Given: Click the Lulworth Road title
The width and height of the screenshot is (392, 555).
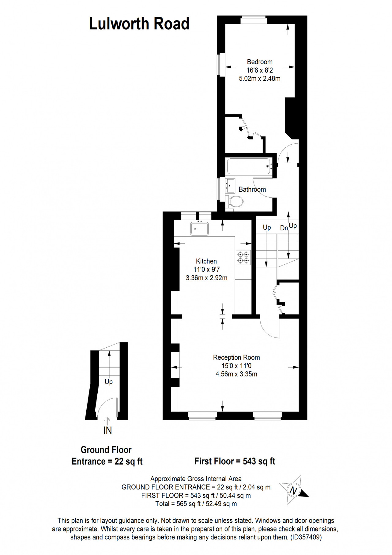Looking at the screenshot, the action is click(139, 24).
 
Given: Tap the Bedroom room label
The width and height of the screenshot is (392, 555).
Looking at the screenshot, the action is click(260, 62).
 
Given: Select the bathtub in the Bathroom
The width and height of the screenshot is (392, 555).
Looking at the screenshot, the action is click(250, 166).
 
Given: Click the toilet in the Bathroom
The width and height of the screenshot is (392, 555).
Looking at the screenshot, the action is click(235, 202).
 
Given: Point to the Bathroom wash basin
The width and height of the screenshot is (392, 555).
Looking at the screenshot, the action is click(230, 186).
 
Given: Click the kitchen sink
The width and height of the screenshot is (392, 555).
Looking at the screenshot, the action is click(199, 228).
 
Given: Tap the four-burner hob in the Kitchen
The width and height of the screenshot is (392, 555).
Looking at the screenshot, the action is click(243, 257).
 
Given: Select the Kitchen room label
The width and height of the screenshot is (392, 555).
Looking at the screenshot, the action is click(206, 261).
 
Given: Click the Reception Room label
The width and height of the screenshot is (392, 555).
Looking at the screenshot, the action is click(236, 357).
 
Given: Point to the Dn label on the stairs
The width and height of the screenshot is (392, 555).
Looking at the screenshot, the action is click(284, 228).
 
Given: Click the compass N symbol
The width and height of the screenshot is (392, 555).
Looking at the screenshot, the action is click(294, 491).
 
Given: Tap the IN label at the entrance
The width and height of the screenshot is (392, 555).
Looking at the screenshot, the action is click(107, 430).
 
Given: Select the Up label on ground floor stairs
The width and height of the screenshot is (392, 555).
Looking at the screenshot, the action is click(109, 382).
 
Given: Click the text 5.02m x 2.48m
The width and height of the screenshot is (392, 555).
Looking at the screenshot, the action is click(260, 78).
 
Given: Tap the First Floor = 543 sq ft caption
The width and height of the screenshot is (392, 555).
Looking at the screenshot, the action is click(235, 461).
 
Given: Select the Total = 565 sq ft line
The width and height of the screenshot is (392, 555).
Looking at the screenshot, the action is click(196, 504).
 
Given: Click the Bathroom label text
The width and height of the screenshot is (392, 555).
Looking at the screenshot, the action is click(252, 189).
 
